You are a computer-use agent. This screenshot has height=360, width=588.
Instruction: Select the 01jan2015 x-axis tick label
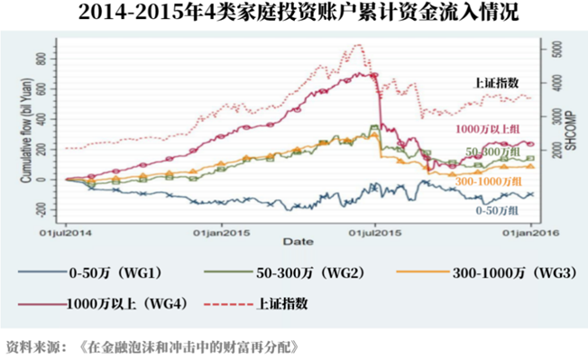pyautogui.click(x=222, y=232)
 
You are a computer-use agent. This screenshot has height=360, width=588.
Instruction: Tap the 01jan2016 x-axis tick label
pyautogui.click(x=529, y=232)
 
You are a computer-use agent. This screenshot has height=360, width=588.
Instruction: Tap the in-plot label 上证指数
pyautogui.click(x=496, y=82)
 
